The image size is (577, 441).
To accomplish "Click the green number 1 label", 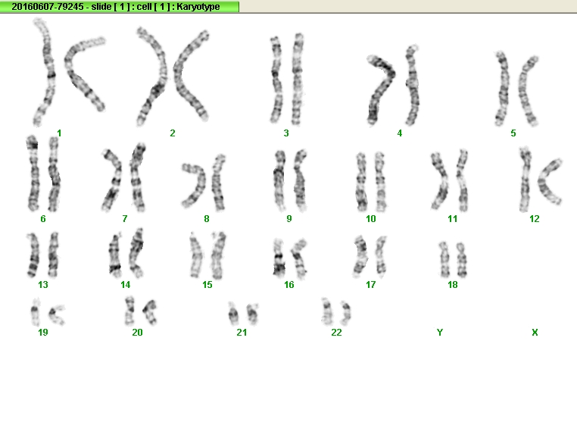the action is (59, 133).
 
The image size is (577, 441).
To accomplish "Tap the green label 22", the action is (336, 333).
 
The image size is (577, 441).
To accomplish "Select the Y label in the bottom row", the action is (440, 333).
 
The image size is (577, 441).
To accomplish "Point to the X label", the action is (535, 333).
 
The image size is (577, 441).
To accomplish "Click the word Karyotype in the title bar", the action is (198, 7).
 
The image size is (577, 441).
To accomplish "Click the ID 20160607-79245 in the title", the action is (48, 7).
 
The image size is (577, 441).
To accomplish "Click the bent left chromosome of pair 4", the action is (380, 89).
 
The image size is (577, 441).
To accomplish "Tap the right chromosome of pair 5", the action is (528, 90).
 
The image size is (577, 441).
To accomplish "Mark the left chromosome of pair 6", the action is (33, 173).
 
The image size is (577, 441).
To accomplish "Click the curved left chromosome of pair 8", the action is (196, 185).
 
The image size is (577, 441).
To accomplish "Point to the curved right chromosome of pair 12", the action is (549, 182).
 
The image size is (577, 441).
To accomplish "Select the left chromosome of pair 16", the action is (278, 258).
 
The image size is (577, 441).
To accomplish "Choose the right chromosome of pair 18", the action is (461, 259).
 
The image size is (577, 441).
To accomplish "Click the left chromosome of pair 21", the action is (233, 314).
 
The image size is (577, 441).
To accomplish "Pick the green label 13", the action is (43, 285).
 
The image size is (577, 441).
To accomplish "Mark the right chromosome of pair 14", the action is (136, 253).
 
